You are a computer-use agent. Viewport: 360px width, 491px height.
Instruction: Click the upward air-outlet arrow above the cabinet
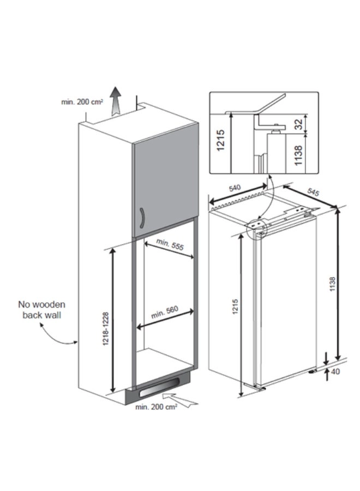click(116, 101)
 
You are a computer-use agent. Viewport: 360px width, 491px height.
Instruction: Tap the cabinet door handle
click(142, 217)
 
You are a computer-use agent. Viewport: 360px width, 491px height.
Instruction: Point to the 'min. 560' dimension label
click(165, 312)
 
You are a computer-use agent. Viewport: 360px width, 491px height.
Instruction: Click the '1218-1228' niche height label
click(106, 328)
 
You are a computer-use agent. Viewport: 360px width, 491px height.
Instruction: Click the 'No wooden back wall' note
click(41, 310)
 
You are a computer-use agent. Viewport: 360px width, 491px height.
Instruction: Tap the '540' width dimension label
click(235, 188)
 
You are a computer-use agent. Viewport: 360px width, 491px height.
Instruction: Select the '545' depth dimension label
click(313, 191)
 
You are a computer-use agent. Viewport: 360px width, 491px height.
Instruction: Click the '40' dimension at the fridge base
click(335, 372)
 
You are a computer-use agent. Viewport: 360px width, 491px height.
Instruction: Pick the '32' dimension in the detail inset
click(299, 124)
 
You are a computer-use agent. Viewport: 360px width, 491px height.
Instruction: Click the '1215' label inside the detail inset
click(221, 140)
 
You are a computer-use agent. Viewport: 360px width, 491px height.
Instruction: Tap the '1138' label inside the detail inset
click(299, 155)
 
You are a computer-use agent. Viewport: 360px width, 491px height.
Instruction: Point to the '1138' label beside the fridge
click(332, 284)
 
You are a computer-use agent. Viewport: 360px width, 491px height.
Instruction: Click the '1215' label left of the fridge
click(236, 307)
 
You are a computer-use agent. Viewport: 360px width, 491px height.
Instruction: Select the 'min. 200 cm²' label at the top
click(82, 102)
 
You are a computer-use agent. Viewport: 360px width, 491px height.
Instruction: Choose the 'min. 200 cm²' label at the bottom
click(156, 407)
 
